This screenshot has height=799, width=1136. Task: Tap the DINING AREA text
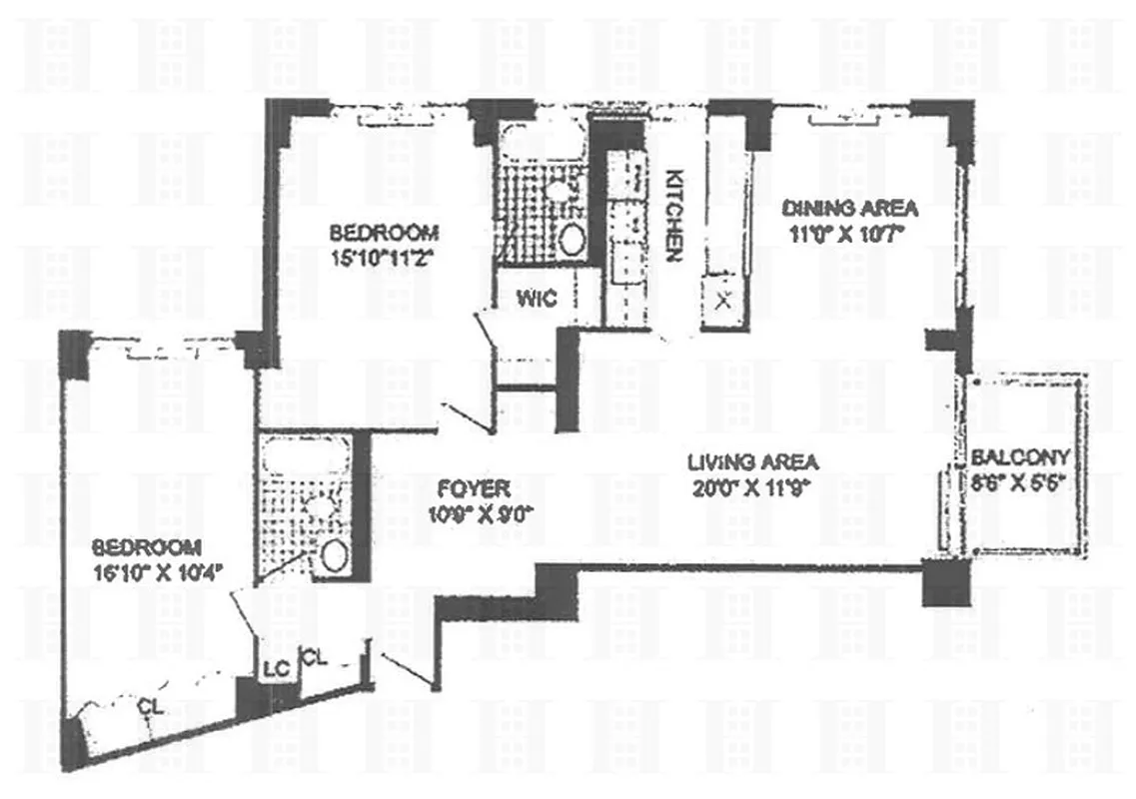click(x=849, y=209)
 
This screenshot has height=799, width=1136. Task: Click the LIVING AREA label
click(x=753, y=462)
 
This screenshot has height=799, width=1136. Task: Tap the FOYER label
click(x=475, y=489)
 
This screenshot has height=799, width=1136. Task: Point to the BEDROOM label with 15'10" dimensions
click(x=384, y=233)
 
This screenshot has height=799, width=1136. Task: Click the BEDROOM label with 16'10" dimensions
click(x=147, y=547)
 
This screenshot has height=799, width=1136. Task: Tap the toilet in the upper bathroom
click(x=571, y=239)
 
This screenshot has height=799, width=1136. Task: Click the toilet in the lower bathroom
click(x=333, y=554)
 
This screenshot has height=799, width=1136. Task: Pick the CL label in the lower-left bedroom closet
click(x=150, y=707)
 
